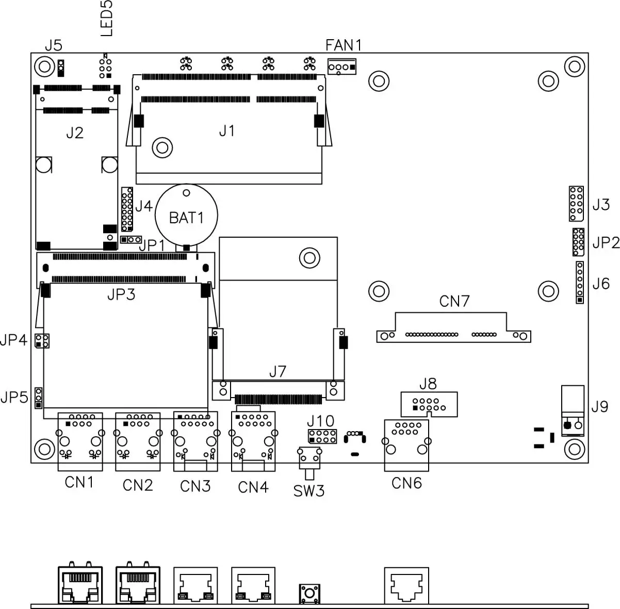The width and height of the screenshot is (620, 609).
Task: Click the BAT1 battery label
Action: click(x=186, y=218)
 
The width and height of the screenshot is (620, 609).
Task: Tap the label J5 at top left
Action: click(x=53, y=45)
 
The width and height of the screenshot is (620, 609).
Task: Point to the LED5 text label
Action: click(x=106, y=19)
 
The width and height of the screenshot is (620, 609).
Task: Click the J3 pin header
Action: click(x=576, y=204)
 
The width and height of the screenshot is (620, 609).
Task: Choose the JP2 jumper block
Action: click(x=578, y=242)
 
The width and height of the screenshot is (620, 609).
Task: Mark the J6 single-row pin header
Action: click(x=580, y=283)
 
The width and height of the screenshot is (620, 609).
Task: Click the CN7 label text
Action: click(x=454, y=301)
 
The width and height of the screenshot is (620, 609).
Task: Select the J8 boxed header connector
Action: click(x=429, y=404)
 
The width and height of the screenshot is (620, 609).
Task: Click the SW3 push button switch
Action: click(x=309, y=458)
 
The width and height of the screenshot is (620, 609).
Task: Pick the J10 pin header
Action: click(x=322, y=436)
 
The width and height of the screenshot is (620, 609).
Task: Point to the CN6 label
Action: click(x=406, y=483)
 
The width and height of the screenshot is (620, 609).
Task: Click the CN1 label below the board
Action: click(x=79, y=483)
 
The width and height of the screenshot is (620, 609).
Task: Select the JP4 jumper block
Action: click(x=42, y=340)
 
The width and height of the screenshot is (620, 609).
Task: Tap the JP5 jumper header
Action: click(x=38, y=398)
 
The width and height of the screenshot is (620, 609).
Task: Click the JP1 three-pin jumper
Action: click(x=131, y=240)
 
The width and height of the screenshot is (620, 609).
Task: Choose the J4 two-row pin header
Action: click(x=126, y=209)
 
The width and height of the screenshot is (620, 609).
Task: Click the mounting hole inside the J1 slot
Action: click(x=162, y=148)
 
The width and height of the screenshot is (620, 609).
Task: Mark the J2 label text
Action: click(x=75, y=133)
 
